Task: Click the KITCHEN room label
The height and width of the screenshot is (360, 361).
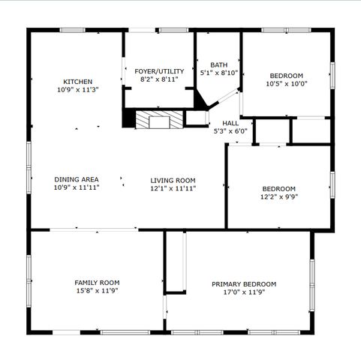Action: pos(77,81)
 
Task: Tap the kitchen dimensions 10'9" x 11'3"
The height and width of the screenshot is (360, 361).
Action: pos(77,89)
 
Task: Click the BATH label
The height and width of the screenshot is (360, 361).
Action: pos(218,64)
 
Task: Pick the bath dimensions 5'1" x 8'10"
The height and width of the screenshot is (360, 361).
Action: pos(218,73)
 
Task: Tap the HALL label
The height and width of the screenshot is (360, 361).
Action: pos(230,123)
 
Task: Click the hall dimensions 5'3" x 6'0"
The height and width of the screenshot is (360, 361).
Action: pos(230,131)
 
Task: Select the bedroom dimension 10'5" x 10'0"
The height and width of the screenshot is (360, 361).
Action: pos(286,84)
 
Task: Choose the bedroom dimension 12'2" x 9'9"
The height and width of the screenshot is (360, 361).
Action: pos(278,196)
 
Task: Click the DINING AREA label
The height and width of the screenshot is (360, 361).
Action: pos(77,179)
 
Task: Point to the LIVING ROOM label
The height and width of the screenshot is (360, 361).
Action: pos(173,180)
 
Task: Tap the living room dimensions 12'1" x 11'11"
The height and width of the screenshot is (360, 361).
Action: pos(173,188)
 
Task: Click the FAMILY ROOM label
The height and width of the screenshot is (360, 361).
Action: pos(97,282)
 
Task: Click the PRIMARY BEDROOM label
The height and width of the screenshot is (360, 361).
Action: pos(243,284)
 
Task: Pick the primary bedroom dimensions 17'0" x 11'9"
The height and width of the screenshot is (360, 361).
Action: pos(243,292)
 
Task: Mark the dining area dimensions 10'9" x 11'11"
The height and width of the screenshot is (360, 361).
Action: pos(77,187)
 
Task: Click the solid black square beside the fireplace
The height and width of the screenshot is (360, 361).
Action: pos(128,118)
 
